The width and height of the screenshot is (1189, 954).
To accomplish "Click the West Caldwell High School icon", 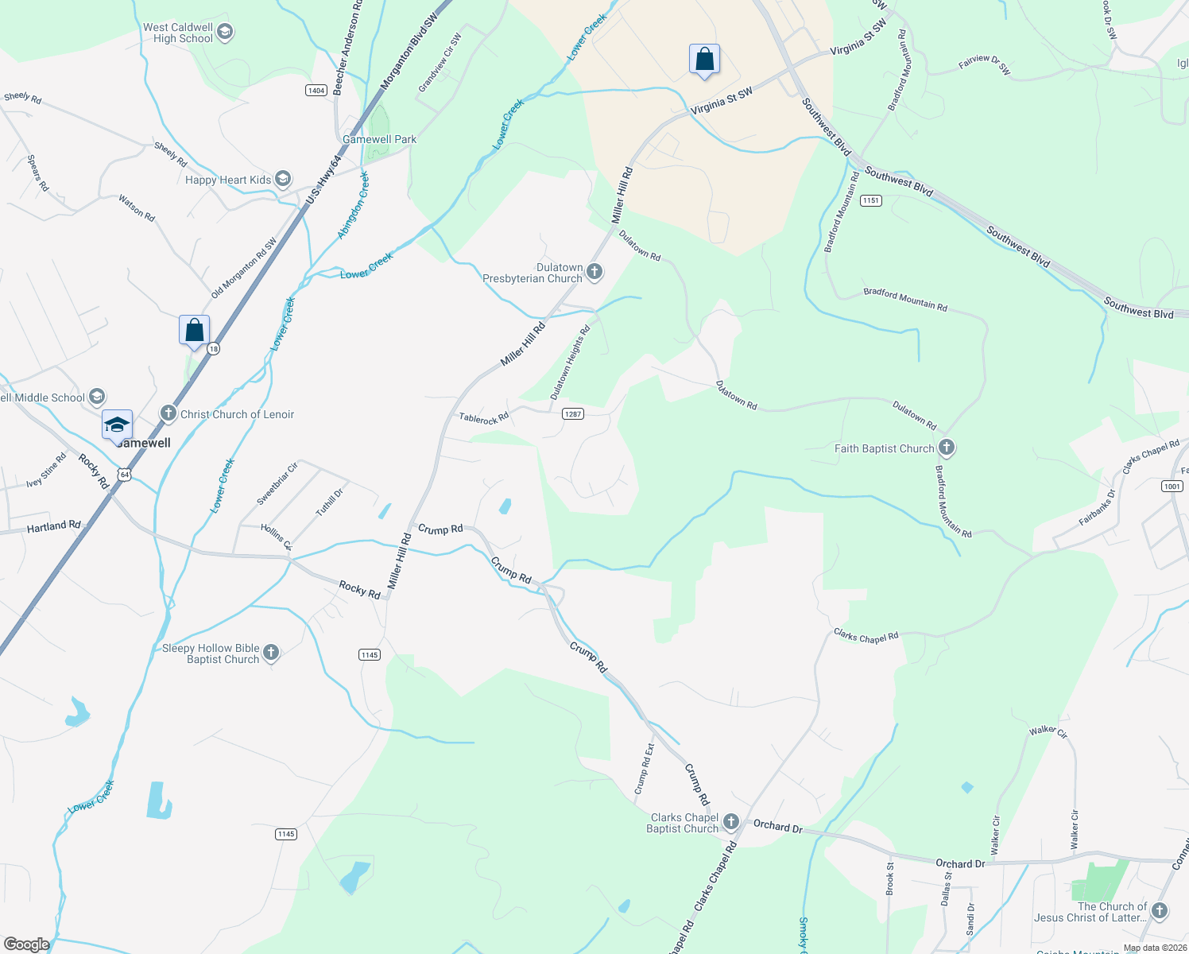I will tap(225, 33).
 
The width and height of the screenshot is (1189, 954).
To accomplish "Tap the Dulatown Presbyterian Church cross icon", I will tap(594, 273).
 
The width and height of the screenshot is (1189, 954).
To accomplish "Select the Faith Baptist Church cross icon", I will tap(946, 448).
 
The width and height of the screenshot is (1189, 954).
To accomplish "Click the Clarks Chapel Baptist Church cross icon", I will tap(730, 822).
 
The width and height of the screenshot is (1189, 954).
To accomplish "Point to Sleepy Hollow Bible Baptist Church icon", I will tap(271, 653).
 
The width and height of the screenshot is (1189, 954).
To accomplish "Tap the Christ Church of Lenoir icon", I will tap(168, 413).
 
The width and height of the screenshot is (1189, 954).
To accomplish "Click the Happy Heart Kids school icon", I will tap(282, 179).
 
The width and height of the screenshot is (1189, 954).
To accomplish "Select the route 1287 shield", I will tap(572, 413).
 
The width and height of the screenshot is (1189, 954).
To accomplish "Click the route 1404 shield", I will tap(316, 90).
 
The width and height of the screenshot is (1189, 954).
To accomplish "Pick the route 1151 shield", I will tap(871, 200).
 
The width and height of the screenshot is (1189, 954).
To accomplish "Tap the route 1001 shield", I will tap(1172, 486).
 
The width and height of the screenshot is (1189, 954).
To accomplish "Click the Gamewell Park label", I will tap(380, 139).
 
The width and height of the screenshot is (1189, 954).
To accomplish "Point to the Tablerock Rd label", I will tap(483, 418).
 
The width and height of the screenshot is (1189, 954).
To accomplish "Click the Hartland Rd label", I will tap(54, 526).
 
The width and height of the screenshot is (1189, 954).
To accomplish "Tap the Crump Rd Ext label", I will tap(645, 769).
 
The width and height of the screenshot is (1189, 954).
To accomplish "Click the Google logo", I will tap(26, 944).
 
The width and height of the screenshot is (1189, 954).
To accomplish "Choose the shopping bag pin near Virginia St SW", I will tap(704, 60).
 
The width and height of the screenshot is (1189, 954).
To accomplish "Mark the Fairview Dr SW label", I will tap(985, 64).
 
